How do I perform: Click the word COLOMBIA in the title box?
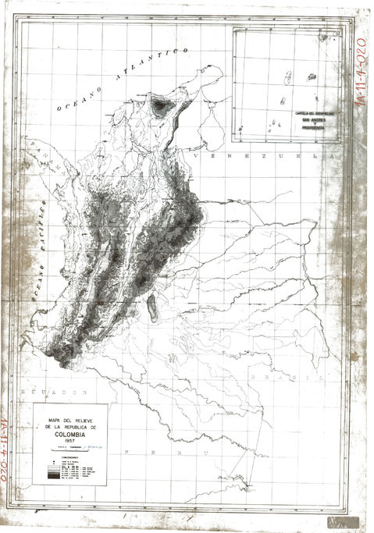(74, 435)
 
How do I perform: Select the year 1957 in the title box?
(74, 442)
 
